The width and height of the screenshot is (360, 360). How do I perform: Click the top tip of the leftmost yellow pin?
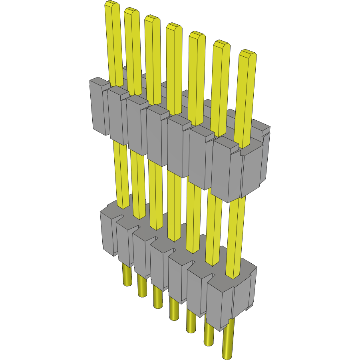pyautogui.click(x=112, y=4)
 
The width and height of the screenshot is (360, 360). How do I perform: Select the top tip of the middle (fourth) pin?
pyautogui.click(x=174, y=26)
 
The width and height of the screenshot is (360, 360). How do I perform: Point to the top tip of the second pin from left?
pyautogui.click(x=131, y=10)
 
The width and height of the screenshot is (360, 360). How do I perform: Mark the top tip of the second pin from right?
pyautogui.click(x=221, y=44)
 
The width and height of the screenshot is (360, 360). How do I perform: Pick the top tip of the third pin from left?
pyautogui.click(x=152, y=18)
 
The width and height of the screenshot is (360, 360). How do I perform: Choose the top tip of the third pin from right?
pyautogui.click(x=197, y=34)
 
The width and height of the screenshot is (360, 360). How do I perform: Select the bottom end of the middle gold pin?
pyautogui.click(x=174, y=317)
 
